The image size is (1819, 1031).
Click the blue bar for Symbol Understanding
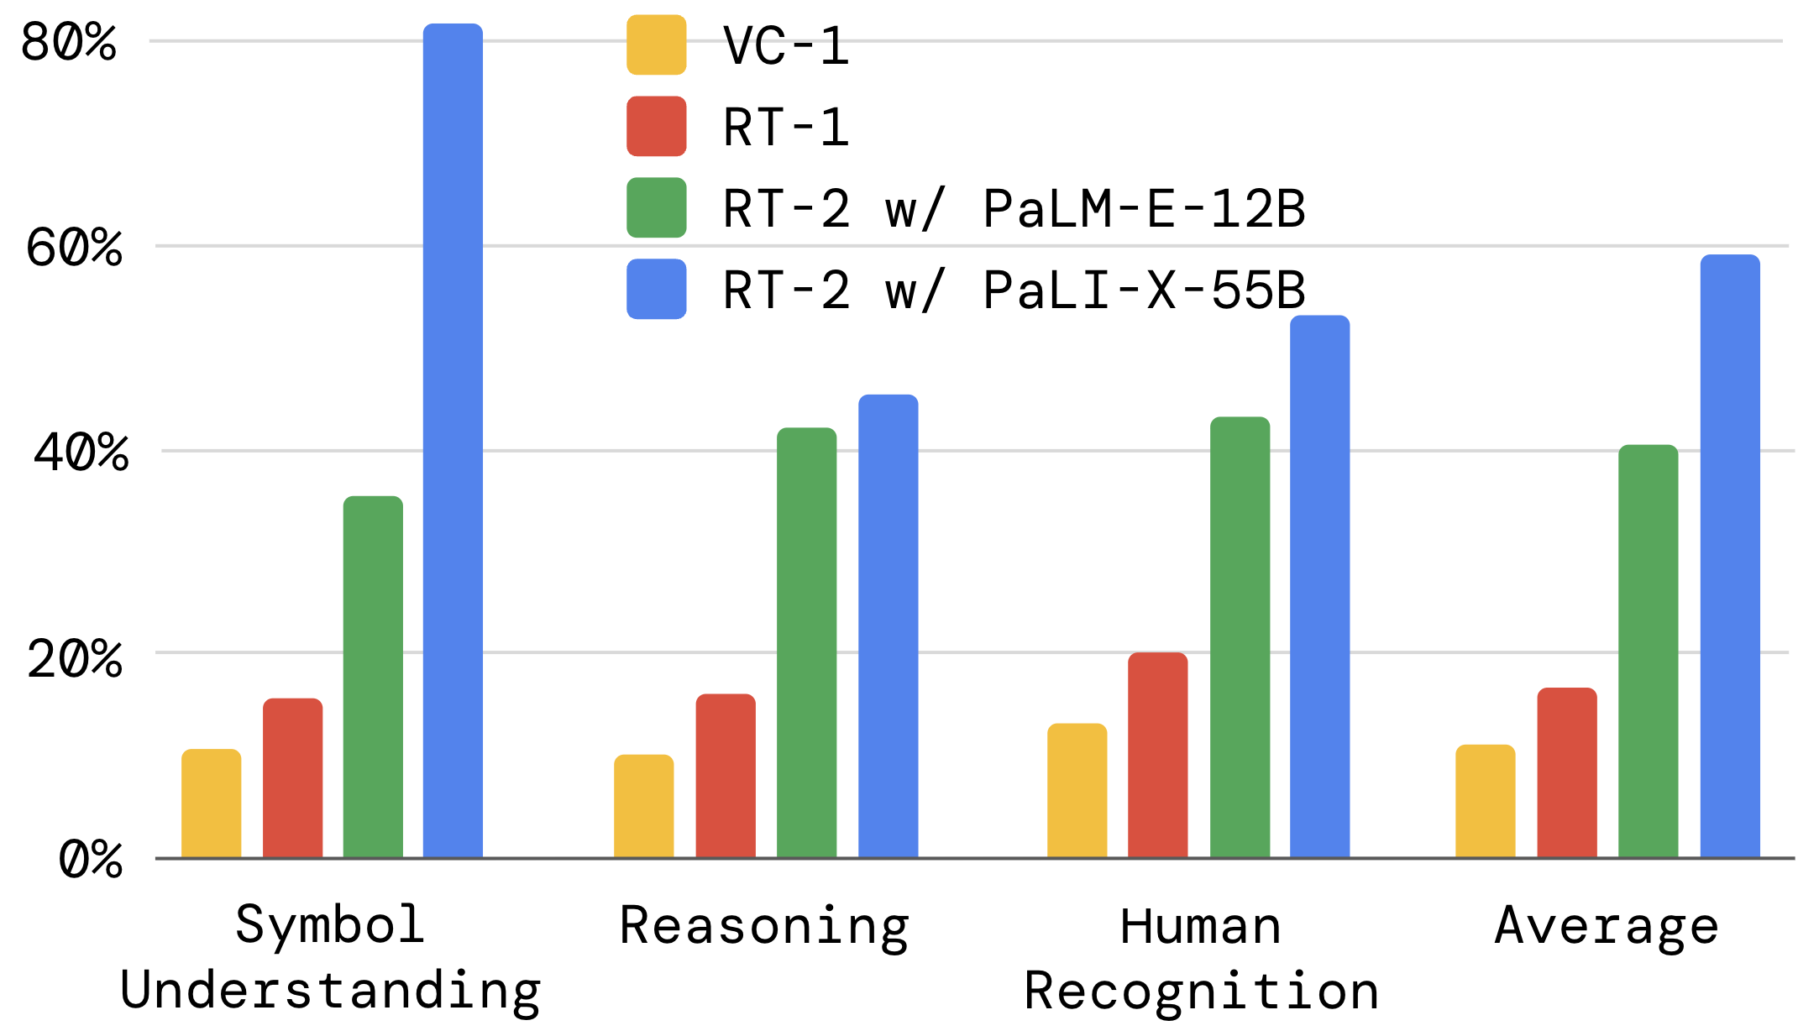pos(453,441)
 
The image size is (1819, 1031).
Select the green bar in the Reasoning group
pos(806,642)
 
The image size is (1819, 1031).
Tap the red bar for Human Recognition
pos(1157,755)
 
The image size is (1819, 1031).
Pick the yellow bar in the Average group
pos(1485,801)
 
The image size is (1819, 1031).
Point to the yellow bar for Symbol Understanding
pos(211,803)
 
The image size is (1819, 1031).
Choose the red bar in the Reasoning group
pos(726,776)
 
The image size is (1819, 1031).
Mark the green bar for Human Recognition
pos(1240,637)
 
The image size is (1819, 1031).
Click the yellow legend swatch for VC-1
pos(656,45)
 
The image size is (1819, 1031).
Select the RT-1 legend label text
pos(786,128)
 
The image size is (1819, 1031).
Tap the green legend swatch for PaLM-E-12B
pos(656,207)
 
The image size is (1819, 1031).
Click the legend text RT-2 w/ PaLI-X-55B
pos(1014,290)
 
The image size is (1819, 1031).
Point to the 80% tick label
pos(69,42)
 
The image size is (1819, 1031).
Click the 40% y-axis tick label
pos(81,453)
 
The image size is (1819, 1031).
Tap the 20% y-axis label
pos(76,659)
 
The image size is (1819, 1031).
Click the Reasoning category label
pos(764,927)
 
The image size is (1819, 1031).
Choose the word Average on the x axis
pos(1607,927)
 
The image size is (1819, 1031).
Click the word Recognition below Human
pos(1201,991)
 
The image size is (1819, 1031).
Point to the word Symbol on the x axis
pos(330,925)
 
